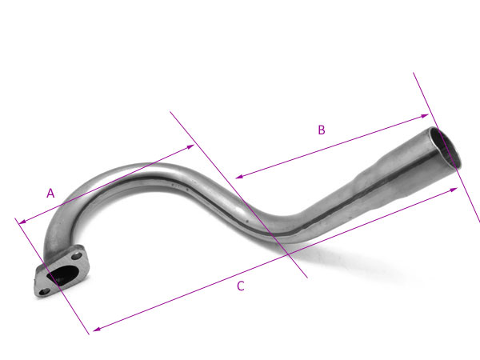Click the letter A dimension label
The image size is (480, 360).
coord(50,194)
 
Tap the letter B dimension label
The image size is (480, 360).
coord(321,130)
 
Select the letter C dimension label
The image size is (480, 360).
coord(241,286)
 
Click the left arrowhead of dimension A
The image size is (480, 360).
coord(22,221)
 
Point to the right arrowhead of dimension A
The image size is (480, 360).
coord(190,146)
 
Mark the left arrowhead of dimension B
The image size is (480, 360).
coord(239,176)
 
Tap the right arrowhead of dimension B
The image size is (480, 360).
coord(425,116)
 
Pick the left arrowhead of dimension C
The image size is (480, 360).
coord(97,329)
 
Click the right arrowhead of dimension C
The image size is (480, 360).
coord(454,190)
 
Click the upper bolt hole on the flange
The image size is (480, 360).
coord(77,255)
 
